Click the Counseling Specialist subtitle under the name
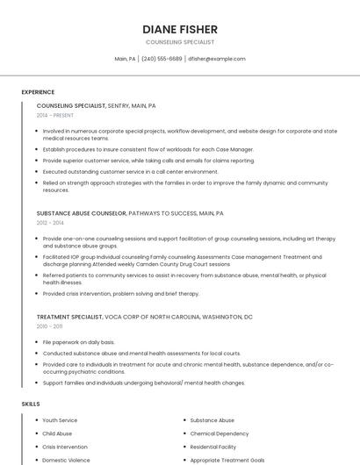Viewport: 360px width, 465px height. [x=179, y=42]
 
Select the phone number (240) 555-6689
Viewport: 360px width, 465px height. [x=162, y=59]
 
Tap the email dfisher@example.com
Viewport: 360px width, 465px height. [x=216, y=59]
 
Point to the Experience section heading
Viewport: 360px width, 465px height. [x=38, y=92]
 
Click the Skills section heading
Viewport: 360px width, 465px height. [x=31, y=404]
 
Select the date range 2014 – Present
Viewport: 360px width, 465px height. [x=55, y=115]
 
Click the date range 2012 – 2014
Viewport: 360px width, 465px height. [x=50, y=223]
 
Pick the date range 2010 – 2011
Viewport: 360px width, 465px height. [x=49, y=325]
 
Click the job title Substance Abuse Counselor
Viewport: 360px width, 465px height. [x=82, y=213]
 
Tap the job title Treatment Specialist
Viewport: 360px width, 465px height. [x=69, y=316]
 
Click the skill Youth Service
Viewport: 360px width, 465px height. [x=60, y=420]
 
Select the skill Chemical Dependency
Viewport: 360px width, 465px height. [x=220, y=433]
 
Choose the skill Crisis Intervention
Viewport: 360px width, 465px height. [x=65, y=447]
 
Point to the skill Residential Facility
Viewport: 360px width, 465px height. [x=213, y=447]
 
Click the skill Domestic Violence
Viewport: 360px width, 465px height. [x=66, y=460]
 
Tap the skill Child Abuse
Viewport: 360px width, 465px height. [x=57, y=433]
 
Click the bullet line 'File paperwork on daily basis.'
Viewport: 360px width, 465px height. [x=78, y=342]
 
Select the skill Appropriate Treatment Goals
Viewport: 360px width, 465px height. [x=227, y=460]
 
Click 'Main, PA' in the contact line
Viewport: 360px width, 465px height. [x=125, y=59]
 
